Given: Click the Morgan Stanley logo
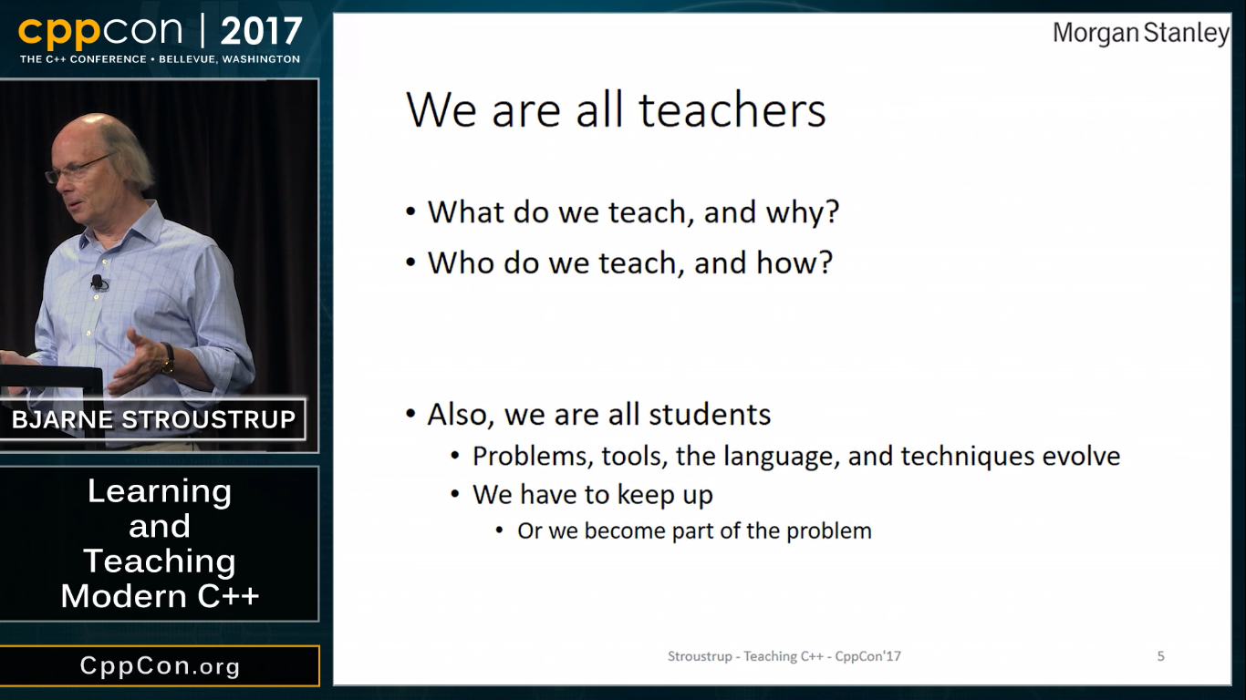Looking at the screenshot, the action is (1140, 34).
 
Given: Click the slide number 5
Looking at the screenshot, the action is (1161, 656).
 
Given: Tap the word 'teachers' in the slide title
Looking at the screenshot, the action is (732, 110).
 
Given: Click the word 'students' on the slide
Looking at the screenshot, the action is (710, 415).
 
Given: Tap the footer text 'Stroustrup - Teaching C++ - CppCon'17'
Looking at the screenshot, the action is (784, 656).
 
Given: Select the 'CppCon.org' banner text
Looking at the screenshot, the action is (160, 666).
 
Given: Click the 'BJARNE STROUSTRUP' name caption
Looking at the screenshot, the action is (153, 420).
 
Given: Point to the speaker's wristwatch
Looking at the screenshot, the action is (168, 358).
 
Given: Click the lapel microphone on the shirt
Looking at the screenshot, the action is (98, 283).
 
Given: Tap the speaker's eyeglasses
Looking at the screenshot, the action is (78, 169).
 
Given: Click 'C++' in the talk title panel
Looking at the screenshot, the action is (228, 596).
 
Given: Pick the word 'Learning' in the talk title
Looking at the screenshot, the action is (160, 492).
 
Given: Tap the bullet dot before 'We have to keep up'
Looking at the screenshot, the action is (455, 494).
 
